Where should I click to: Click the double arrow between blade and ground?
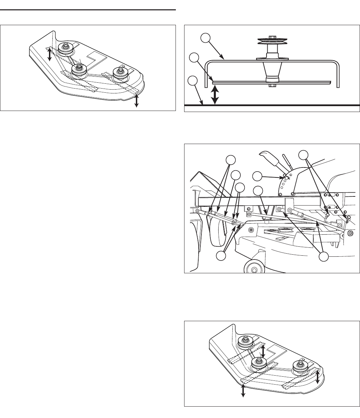coord(215,94)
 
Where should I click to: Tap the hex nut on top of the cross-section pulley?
coord(272,35)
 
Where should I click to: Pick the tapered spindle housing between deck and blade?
coord(272,71)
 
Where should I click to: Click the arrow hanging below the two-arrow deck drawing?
coord(137,101)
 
